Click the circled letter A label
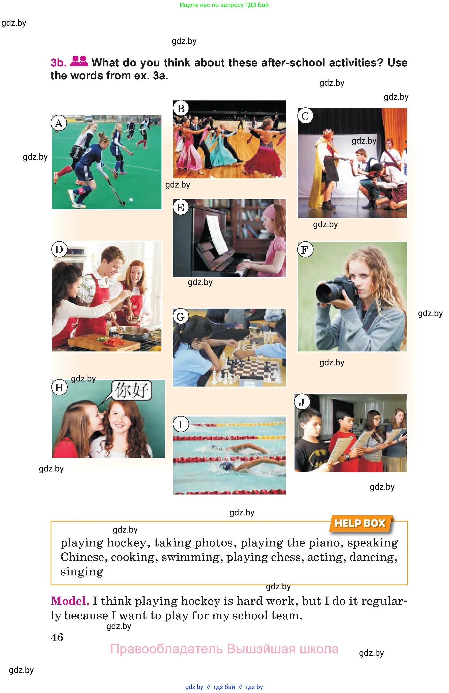point(59,123)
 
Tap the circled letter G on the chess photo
point(180,317)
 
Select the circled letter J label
point(302,402)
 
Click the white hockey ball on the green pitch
point(131,200)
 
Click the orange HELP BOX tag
point(361,523)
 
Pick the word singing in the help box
point(82,572)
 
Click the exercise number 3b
point(58,63)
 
